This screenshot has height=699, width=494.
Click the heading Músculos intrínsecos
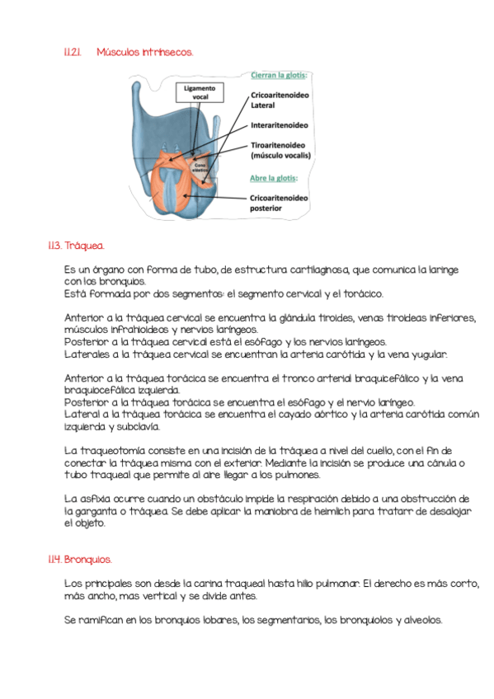coord(144,52)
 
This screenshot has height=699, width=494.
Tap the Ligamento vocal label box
coord(200,92)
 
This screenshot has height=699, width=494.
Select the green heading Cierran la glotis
coord(279,75)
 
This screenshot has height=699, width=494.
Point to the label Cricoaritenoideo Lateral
coord(280,101)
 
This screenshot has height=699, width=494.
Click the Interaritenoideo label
coord(279,125)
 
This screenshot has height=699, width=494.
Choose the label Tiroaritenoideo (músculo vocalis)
coord(280,150)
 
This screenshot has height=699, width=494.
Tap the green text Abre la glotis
coord(274,178)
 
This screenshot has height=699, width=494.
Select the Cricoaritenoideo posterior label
coord(279,203)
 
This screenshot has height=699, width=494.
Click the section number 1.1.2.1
coord(73,52)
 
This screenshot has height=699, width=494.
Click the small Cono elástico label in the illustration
coord(200,167)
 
